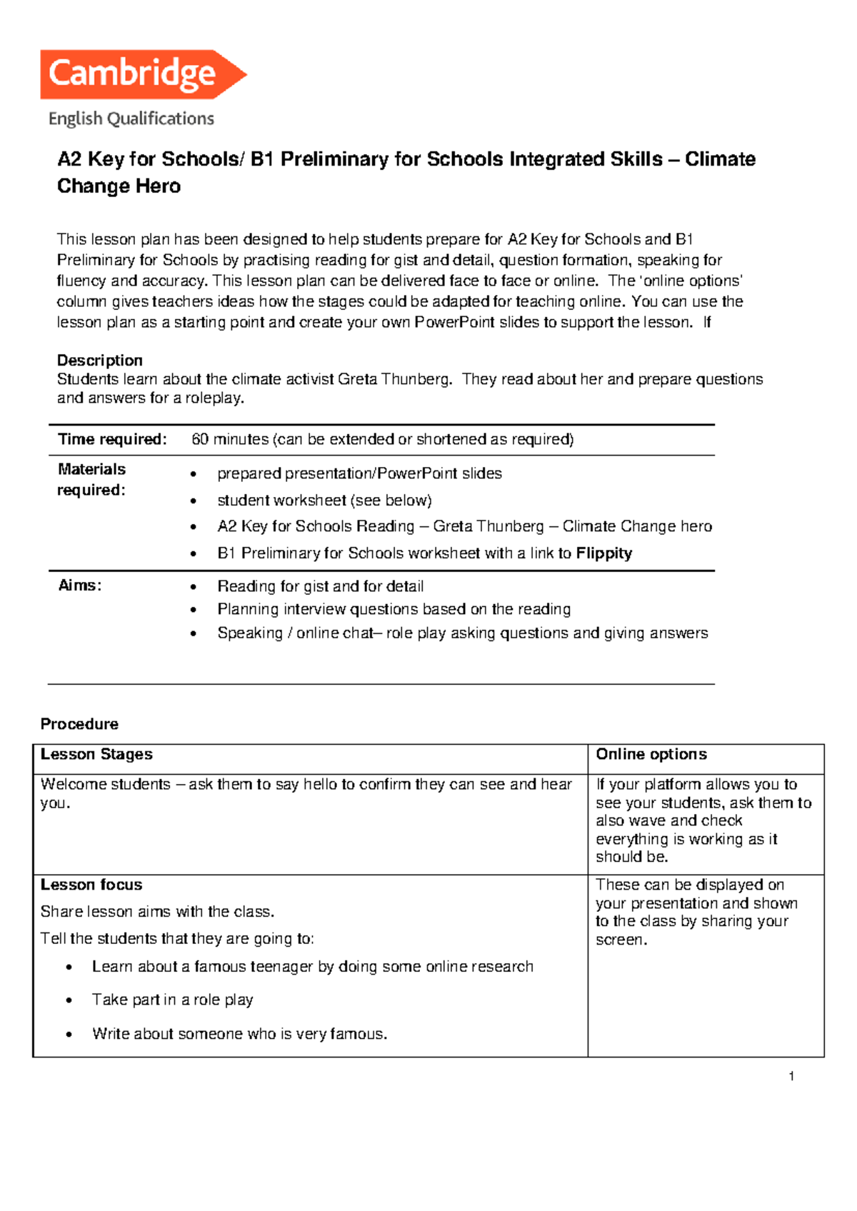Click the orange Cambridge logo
(143, 74)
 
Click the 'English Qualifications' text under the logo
(131, 119)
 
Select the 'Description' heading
(100, 361)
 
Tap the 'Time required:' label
(112, 439)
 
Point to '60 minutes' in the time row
(230, 439)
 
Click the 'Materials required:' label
(91, 480)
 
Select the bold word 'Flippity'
(604, 553)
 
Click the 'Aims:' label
(79, 586)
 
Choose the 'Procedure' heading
(79, 724)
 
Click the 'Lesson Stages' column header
(96, 755)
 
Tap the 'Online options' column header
(651, 755)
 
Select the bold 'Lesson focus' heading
(91, 885)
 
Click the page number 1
(791, 1077)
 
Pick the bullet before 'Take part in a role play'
(69, 1000)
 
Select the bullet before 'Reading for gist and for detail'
(193, 587)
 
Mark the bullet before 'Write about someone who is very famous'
(69, 1035)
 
